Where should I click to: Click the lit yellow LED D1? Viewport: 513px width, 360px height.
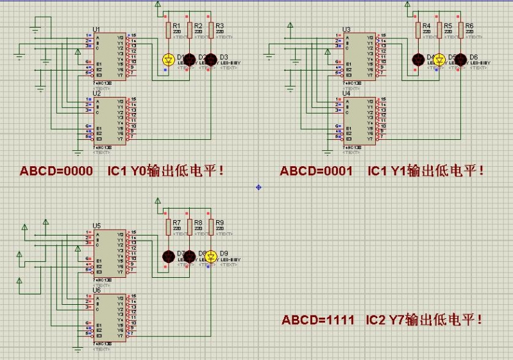click(168, 60)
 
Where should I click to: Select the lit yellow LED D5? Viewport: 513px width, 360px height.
click(439, 60)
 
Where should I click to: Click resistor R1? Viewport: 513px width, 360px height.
click(168, 29)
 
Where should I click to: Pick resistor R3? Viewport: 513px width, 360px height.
click(210, 29)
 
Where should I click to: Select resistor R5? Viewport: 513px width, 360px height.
click(439, 29)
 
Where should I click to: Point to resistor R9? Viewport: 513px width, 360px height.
click(210, 226)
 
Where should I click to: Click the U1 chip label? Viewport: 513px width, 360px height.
click(96, 30)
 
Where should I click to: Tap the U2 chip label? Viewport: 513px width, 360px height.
click(96, 93)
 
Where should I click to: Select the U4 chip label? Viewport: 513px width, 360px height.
click(346, 93)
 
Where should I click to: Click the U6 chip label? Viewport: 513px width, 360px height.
click(96, 291)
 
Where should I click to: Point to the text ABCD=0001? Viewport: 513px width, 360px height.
click(316, 171)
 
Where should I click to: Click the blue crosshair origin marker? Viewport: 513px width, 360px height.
click(258, 187)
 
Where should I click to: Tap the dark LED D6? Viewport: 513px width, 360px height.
click(460, 60)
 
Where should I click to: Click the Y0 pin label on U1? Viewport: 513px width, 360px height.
click(120, 37)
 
